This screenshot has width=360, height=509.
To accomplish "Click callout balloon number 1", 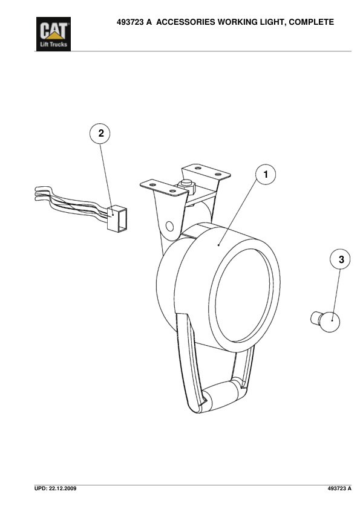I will click(264, 175).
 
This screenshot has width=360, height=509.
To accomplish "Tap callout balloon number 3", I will click(341, 259).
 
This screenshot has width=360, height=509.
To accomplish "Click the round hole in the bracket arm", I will click(171, 226).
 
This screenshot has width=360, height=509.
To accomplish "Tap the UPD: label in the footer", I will click(41, 487).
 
